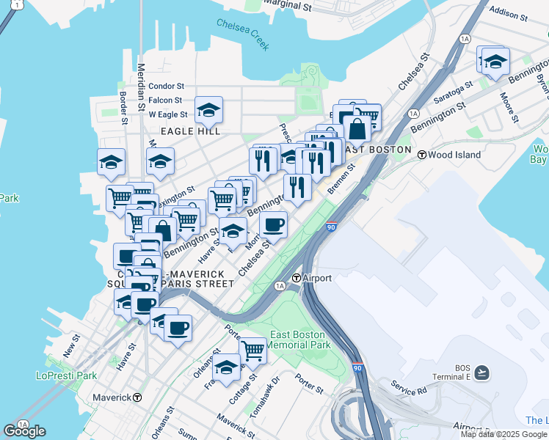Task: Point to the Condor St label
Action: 166,86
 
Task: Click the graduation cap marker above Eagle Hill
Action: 209,111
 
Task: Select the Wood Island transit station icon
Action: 422,155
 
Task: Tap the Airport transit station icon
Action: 297,278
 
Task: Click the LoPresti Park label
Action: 66,375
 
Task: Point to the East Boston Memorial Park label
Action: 297,340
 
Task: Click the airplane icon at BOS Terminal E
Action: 481,373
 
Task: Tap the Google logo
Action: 24,431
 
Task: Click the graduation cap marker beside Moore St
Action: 495,61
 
